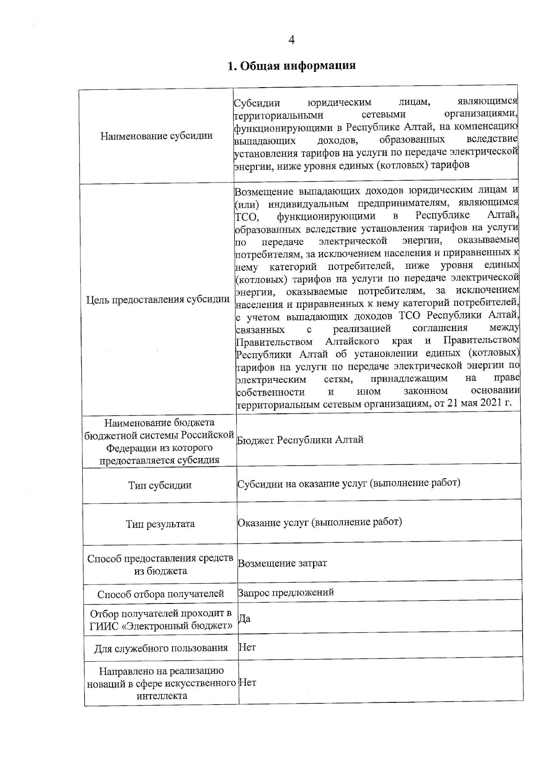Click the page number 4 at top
[291, 40]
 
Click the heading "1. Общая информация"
[291, 66]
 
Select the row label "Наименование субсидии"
[156, 136]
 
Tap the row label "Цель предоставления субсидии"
[158, 299]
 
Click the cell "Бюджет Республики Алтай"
[300, 440]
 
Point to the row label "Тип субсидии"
[160, 485]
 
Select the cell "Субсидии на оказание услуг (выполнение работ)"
[349, 483]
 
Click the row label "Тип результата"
[160, 524]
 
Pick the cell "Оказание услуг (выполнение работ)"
[320, 522]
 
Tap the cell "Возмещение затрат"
[282, 563]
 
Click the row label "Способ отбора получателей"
[161, 594]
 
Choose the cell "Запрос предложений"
[286, 592]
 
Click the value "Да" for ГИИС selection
[244, 618]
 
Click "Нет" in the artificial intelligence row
[248, 682]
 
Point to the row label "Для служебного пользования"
[161, 648]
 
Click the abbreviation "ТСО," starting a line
[246, 218]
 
